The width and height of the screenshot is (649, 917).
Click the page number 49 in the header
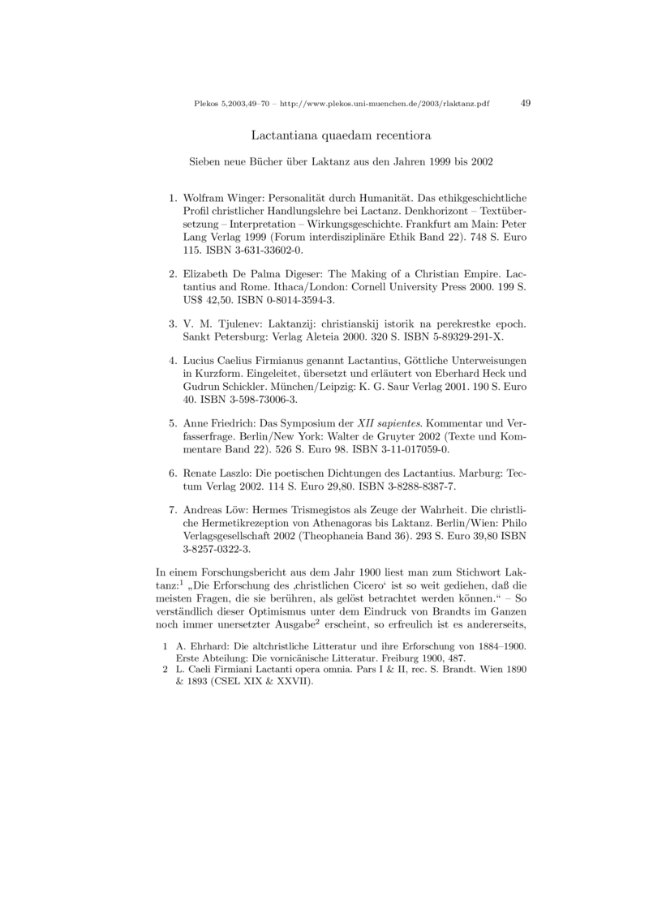click(525, 104)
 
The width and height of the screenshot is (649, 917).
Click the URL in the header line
click(389, 105)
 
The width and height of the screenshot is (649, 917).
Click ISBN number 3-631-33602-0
click(247, 251)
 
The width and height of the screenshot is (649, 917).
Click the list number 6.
click(172, 472)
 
